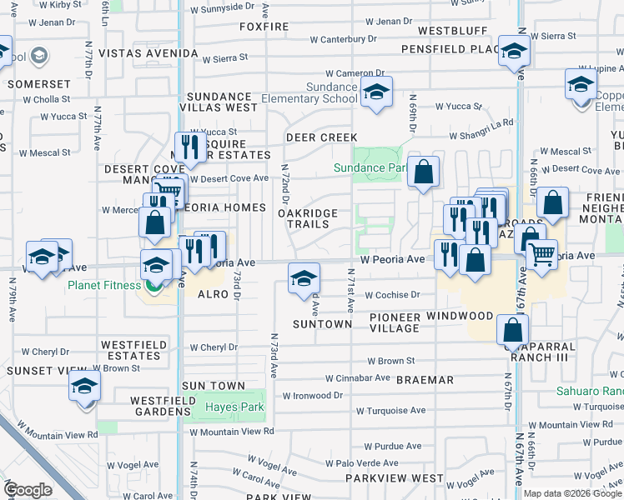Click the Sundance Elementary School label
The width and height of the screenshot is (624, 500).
309,92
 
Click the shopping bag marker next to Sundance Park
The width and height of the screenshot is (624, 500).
424,172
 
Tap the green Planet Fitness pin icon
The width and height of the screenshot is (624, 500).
153,287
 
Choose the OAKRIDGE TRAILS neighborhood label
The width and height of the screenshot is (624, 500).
308,218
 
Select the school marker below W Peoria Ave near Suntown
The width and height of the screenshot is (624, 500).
304,277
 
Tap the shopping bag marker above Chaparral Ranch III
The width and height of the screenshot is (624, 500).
512,330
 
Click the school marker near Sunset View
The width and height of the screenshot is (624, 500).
84,387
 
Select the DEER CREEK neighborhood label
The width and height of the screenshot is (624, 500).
321,137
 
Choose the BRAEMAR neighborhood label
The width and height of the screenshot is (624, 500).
425,379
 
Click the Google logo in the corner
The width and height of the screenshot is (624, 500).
28,489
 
